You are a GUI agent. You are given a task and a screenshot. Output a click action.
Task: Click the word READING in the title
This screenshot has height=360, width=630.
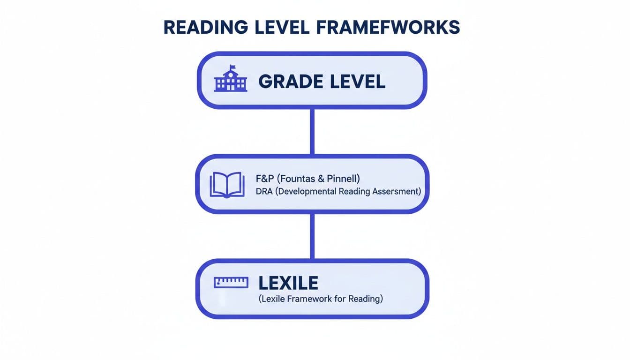pyautogui.click(x=205, y=28)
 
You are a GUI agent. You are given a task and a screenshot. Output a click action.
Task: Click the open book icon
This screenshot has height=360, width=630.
pyautogui.click(x=227, y=184)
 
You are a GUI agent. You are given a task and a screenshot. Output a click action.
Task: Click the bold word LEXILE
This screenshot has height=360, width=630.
pyautogui.click(x=288, y=283)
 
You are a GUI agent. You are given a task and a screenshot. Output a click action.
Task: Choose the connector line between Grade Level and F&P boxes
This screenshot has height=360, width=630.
pyautogui.click(x=312, y=131)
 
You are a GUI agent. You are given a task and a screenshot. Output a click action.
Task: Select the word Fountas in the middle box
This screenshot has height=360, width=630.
pyautogui.click(x=301, y=178)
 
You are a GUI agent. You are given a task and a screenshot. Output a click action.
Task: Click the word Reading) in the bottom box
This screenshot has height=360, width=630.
pyautogui.click(x=366, y=299)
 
